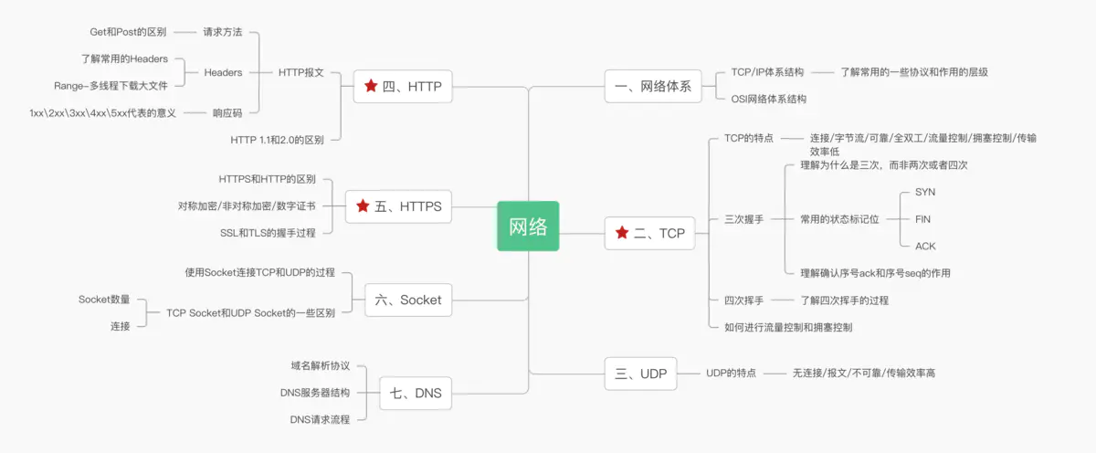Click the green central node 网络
[x=528, y=226]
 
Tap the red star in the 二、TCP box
[x=623, y=233]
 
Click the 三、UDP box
[x=640, y=373]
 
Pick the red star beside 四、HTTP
[x=371, y=87]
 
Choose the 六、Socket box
[x=408, y=300]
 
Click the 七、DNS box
[x=415, y=394]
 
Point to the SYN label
[x=924, y=192]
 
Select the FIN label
[x=922, y=219]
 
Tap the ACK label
[x=924, y=246]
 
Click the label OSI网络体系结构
[x=769, y=99]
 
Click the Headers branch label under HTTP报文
[x=223, y=72]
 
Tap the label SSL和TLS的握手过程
[x=268, y=233]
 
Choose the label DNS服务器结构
[x=315, y=393]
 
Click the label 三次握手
[x=743, y=219]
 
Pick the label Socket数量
[x=104, y=299]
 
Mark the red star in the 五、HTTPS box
[x=364, y=206]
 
